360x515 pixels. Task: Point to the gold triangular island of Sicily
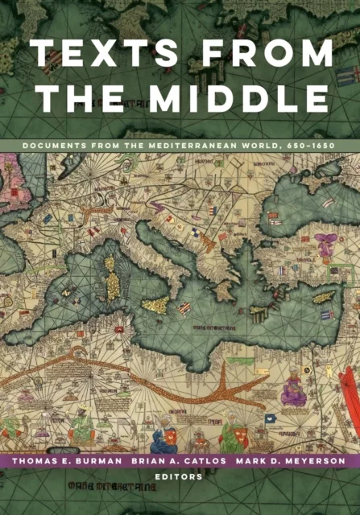pos(156,305)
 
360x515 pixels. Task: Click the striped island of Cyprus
pos(324,298)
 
